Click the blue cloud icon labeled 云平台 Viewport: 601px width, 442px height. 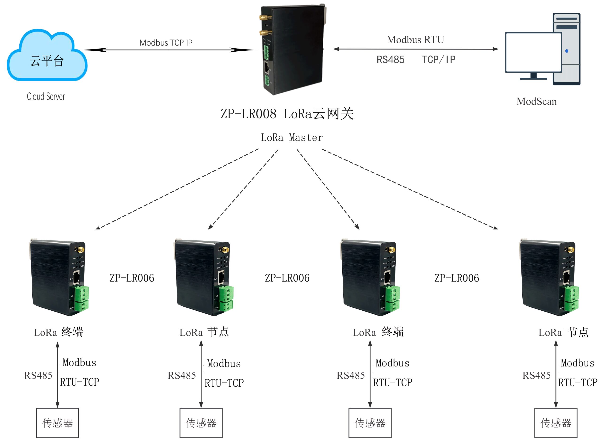pos(47,56)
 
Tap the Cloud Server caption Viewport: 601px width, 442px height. pos(46,97)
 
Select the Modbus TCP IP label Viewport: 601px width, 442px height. pos(166,43)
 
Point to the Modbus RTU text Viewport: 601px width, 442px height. pos(415,40)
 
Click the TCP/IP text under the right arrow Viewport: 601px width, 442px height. pos(439,60)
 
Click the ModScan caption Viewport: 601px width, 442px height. pos(536,102)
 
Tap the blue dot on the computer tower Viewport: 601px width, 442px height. pos(567,51)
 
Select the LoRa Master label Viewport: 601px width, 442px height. pos(292,138)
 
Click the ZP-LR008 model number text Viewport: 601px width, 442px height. pos(248,114)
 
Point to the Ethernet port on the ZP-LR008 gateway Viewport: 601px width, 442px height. pos(267,68)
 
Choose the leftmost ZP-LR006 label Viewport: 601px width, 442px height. pos(132,278)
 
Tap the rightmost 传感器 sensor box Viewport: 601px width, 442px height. pos(555,423)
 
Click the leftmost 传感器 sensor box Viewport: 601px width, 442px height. pos(57,423)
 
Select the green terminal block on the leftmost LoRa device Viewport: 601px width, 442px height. pos(81,298)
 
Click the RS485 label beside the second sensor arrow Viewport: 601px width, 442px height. pos(182,375)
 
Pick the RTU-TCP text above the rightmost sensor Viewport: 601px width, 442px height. pos(578,383)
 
